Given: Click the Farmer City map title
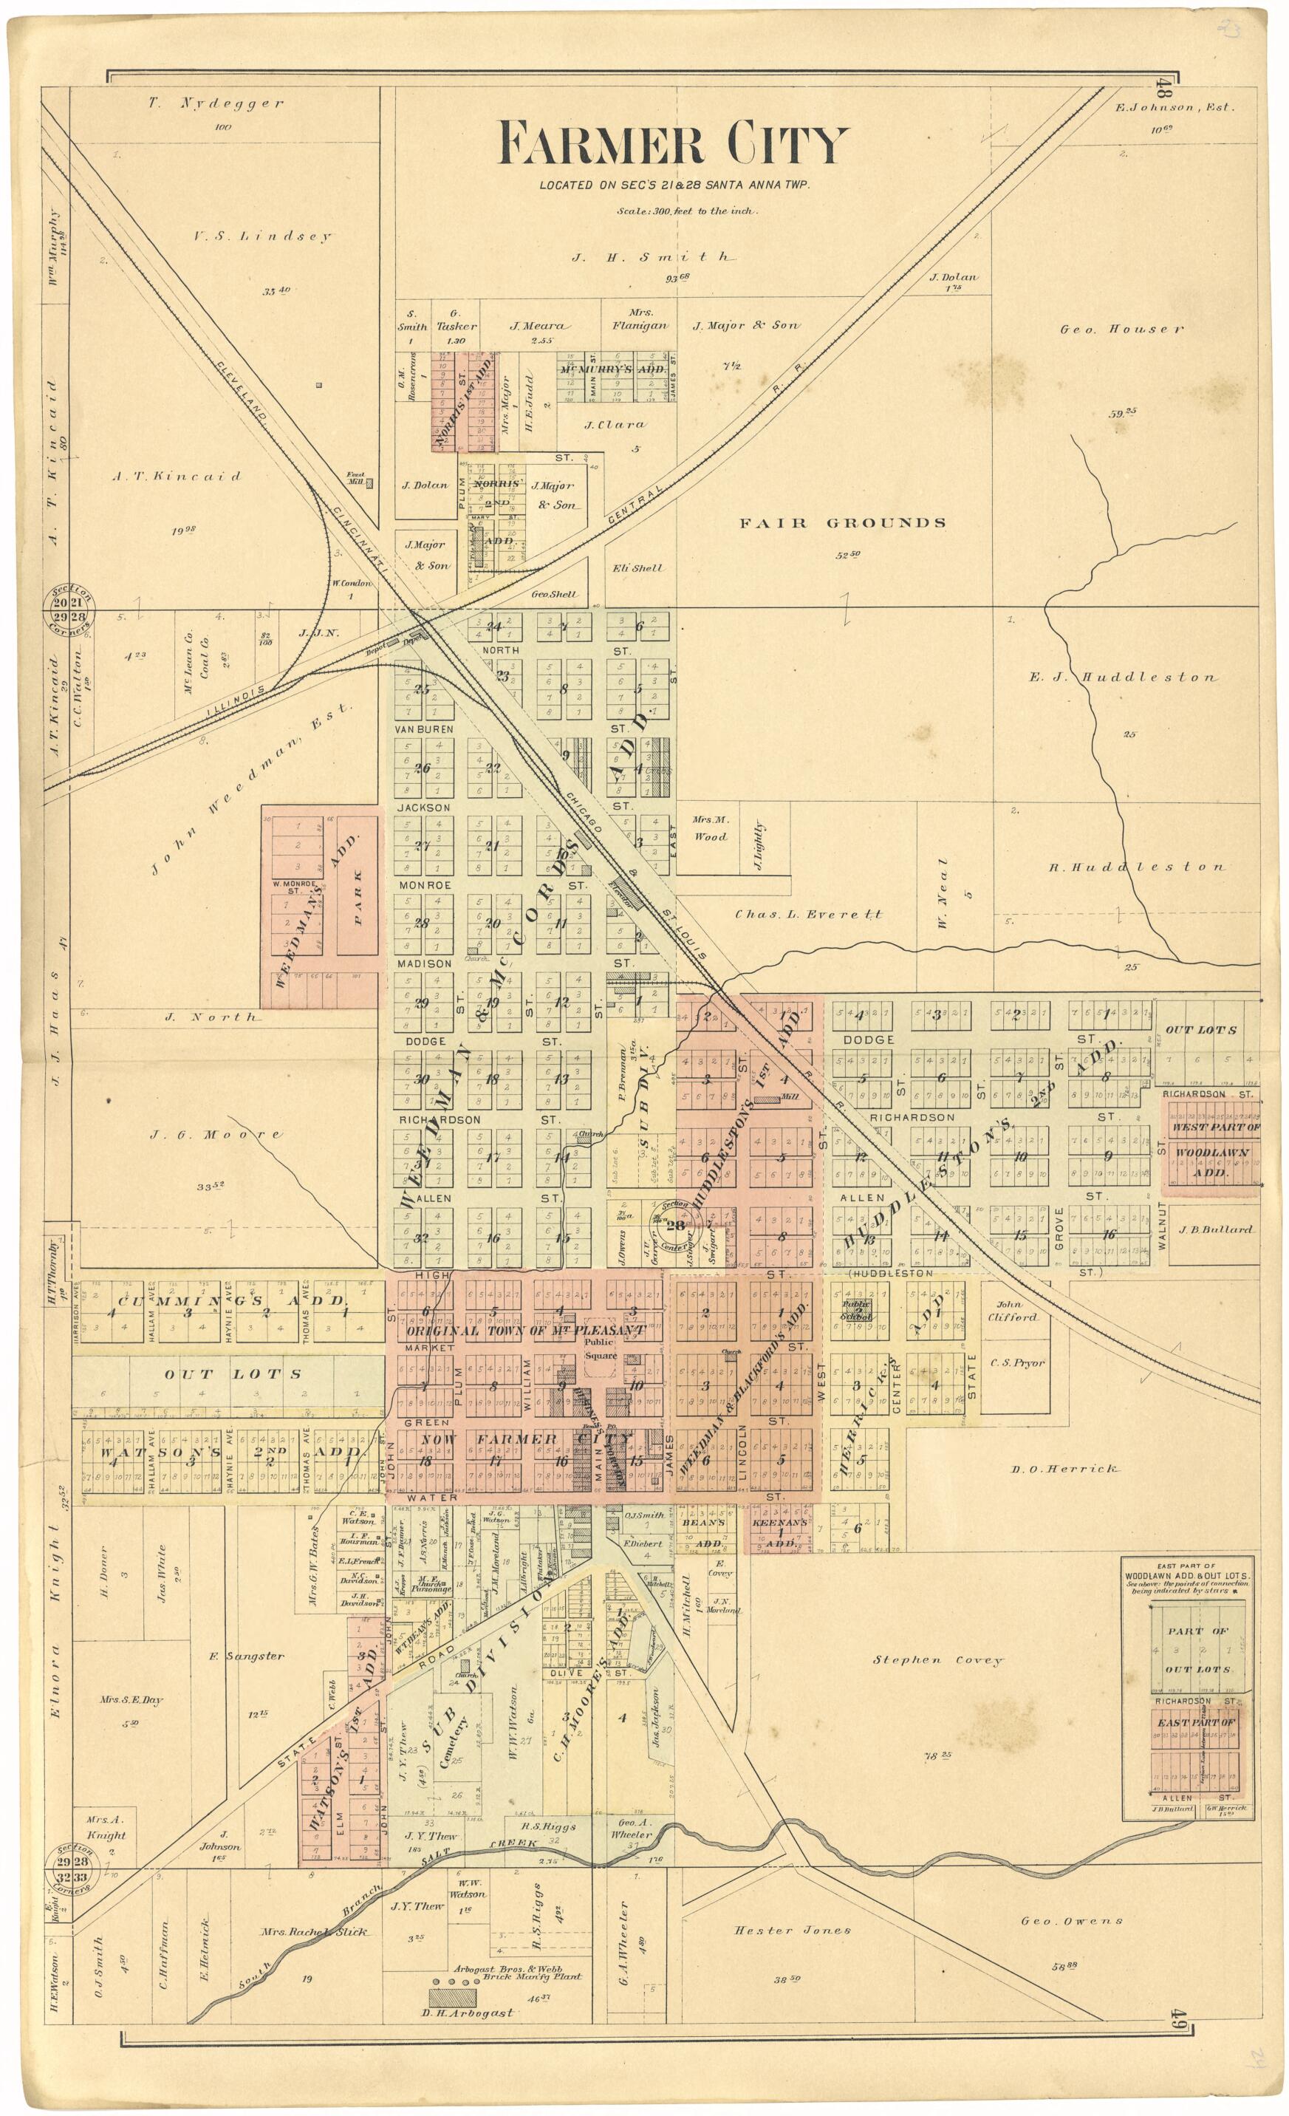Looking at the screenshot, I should click(x=672, y=145).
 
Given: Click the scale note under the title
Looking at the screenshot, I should click(x=686, y=211).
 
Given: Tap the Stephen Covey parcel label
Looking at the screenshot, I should click(x=938, y=1660).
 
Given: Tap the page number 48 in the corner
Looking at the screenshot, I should click(x=1163, y=89).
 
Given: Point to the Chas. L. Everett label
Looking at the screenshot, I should click(x=808, y=915).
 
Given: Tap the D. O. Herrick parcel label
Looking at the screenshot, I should click(x=1064, y=1469).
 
